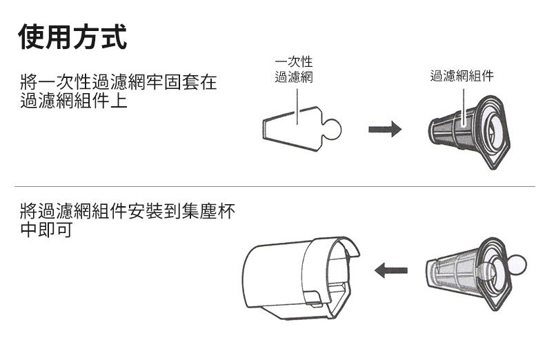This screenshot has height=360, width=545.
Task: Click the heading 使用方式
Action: pyautogui.click(x=73, y=37)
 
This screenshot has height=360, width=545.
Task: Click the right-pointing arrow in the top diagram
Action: pyautogui.click(x=384, y=130)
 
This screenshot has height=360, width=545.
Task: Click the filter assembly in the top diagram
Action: pyautogui.click(x=469, y=130)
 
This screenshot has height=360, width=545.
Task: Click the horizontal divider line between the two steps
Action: pyautogui.click(x=276, y=186)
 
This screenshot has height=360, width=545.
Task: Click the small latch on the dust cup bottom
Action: pyautogui.click(x=312, y=301)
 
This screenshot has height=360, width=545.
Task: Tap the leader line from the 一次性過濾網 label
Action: pyautogui.click(x=297, y=103)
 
